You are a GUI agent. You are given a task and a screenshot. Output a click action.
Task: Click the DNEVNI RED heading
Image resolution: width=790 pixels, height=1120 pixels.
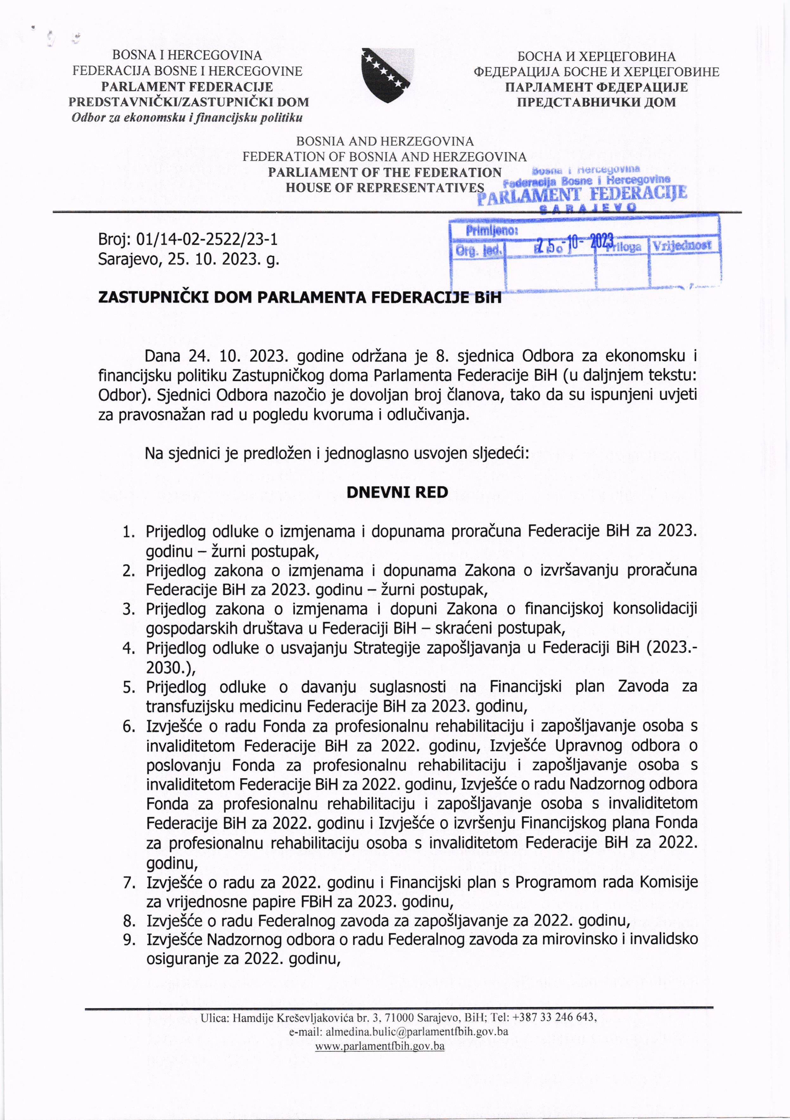[x=397, y=492]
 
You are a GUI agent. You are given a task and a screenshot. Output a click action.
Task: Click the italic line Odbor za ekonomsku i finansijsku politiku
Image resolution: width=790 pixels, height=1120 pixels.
[x=187, y=117]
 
